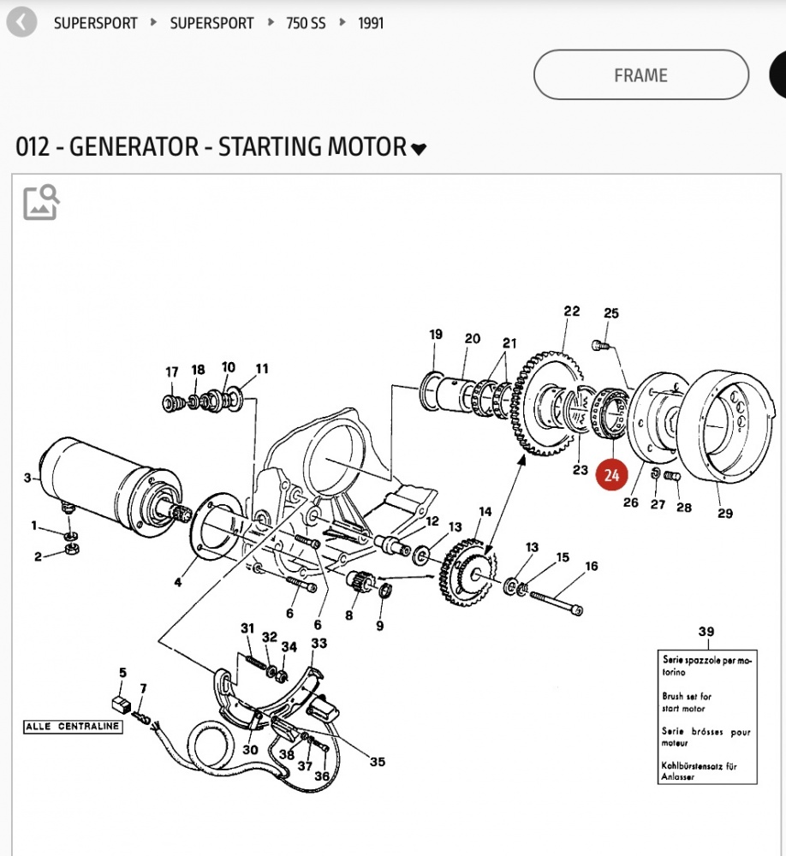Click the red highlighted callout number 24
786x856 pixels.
(x=611, y=477)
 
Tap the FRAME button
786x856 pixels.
(x=640, y=75)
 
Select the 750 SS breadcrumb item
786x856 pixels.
(x=306, y=23)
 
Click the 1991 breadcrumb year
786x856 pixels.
(x=371, y=23)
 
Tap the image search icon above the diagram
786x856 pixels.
(x=41, y=202)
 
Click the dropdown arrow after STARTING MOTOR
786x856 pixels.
(x=419, y=149)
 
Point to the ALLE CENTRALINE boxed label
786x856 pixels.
(x=73, y=727)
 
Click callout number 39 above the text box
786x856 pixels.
(x=706, y=632)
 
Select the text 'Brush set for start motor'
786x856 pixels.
(x=687, y=702)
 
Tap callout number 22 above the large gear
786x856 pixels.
(x=572, y=312)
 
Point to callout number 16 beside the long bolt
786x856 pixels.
(x=591, y=566)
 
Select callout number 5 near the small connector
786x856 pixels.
(x=122, y=673)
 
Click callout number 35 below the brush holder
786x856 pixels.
(x=378, y=761)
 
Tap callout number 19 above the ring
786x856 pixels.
(x=435, y=334)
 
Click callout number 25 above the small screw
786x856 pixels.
(x=610, y=313)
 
